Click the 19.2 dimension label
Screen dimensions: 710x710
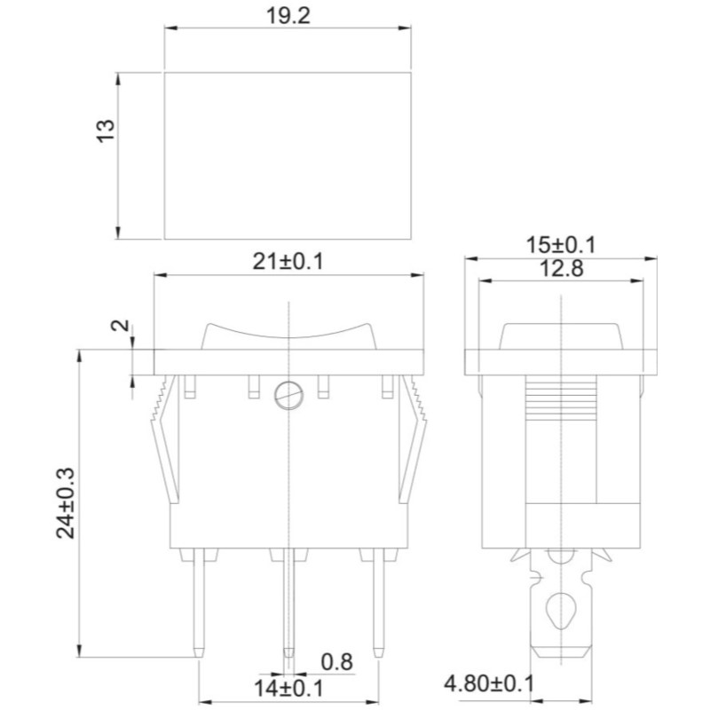pyautogui.click(x=288, y=16)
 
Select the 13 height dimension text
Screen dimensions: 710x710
pyautogui.click(x=106, y=130)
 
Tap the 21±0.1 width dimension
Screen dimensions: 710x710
pyautogui.click(x=288, y=262)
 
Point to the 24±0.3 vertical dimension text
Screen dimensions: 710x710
pyautogui.click(x=65, y=502)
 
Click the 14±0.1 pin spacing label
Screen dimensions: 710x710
pyautogui.click(x=288, y=689)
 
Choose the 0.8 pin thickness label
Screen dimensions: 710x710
pyautogui.click(x=337, y=662)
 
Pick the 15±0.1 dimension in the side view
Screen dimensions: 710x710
pyautogui.click(x=561, y=246)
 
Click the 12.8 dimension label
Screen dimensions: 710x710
pyautogui.click(x=562, y=269)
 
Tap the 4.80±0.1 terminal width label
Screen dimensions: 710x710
pyautogui.click(x=489, y=683)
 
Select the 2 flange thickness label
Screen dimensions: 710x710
pyautogui.click(x=121, y=325)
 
